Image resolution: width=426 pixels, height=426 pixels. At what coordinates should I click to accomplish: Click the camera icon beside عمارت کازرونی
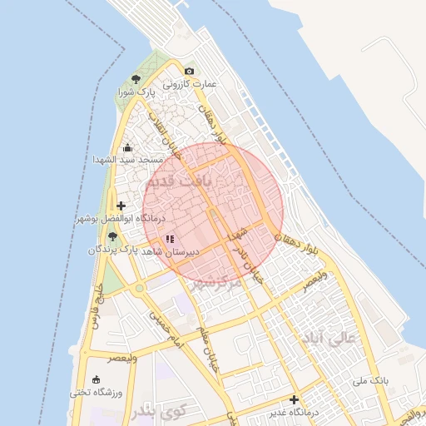[x=190, y=72]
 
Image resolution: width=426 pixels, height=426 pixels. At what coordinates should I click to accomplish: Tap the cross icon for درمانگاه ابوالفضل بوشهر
[x=121, y=206]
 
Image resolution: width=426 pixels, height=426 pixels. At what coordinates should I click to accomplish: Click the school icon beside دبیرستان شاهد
[x=170, y=239]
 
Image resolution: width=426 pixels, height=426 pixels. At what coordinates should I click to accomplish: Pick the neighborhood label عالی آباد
[x=331, y=339]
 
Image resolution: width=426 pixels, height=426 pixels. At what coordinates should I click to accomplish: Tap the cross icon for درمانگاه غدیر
[x=293, y=400]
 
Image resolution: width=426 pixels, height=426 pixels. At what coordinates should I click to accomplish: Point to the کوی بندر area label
[x=156, y=414]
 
